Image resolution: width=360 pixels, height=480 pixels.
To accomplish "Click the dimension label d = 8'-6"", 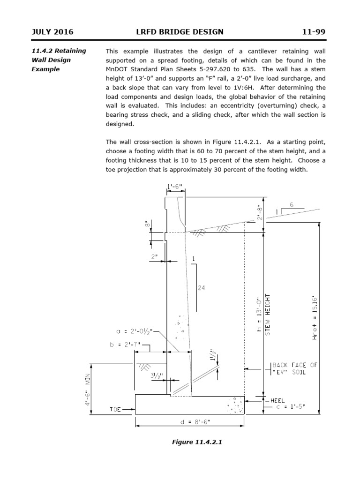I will click(x=189, y=422).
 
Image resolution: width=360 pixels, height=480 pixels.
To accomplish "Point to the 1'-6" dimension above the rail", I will click(x=175, y=187).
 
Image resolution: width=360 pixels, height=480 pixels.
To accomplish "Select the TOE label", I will click(x=115, y=409).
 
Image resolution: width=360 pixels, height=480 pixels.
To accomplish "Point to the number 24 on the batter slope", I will click(x=201, y=287).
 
